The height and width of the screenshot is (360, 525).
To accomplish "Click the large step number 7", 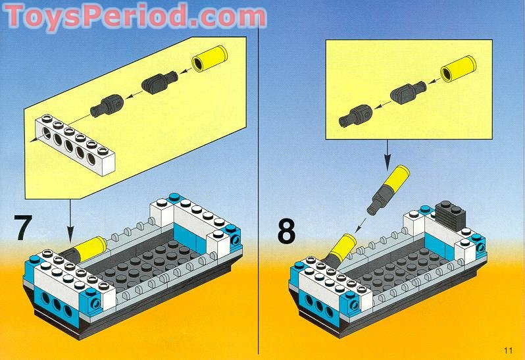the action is [x=23, y=228].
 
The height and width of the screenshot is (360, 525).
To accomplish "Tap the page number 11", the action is [x=508, y=350].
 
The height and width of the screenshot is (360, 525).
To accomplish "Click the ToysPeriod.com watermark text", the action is [x=135, y=16].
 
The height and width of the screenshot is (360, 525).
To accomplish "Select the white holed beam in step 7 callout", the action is [x=75, y=145].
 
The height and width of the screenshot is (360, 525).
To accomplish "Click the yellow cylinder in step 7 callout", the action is [x=210, y=59].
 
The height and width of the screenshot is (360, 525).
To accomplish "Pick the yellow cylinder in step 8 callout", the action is [x=458, y=69].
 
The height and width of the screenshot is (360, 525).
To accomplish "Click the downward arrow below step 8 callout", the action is [x=387, y=155].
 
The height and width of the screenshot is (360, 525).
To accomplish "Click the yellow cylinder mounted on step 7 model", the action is [x=89, y=248].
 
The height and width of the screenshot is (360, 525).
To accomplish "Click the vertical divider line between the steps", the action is [x=258, y=188].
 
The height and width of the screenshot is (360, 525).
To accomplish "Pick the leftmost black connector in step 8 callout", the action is [x=355, y=116].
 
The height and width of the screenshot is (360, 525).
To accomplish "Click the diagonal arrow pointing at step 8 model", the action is [x=361, y=224].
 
